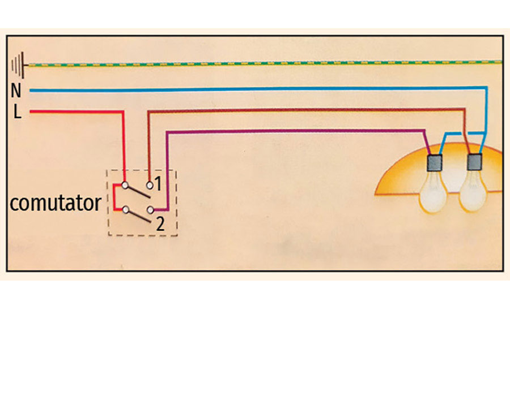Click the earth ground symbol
18,63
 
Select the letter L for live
16,113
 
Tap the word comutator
55,203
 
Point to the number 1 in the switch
160,185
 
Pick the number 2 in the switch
160,224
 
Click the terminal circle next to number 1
150,185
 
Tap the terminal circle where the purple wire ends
150,210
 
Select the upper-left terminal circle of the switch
125,185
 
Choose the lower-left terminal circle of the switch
125,210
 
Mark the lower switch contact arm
138,216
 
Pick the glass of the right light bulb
472,195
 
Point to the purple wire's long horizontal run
295,132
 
